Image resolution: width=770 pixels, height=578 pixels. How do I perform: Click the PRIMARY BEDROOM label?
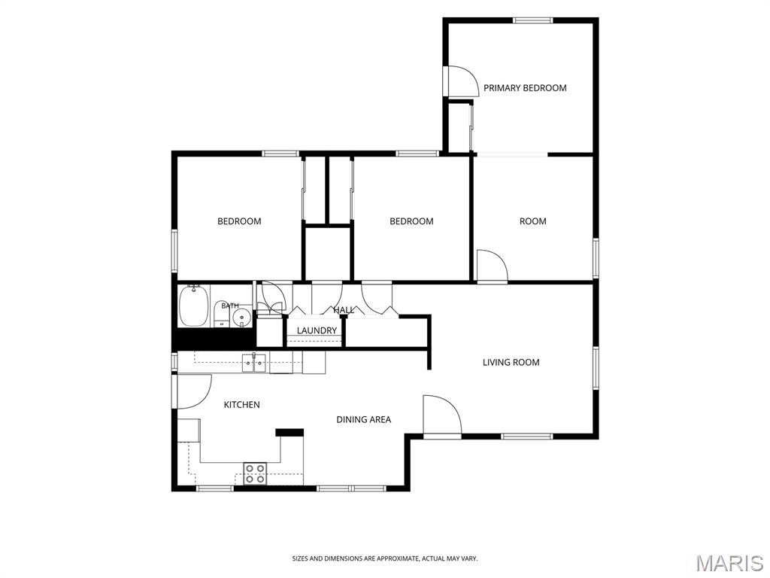point(525,88)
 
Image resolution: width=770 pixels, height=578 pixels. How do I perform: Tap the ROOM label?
point(533,221)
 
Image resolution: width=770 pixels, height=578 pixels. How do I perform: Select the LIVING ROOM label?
point(511,362)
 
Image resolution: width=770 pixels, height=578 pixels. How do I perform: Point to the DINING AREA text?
point(363,419)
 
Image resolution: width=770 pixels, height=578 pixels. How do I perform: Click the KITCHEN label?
point(241,404)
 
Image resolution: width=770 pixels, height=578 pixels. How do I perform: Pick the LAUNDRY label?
point(317,330)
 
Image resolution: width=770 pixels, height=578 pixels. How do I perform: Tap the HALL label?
point(344,309)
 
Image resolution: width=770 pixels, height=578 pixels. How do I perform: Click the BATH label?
point(230,306)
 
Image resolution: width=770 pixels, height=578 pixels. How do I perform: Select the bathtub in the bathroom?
point(193,306)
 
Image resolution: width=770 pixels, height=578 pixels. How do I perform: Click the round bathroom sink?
point(241,318)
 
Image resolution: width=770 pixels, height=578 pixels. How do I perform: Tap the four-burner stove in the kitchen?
point(256,473)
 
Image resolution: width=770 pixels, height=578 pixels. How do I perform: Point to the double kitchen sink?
point(254,364)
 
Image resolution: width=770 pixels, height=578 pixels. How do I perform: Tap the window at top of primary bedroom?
point(533,20)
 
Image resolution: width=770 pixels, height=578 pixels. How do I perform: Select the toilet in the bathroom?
point(221,315)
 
